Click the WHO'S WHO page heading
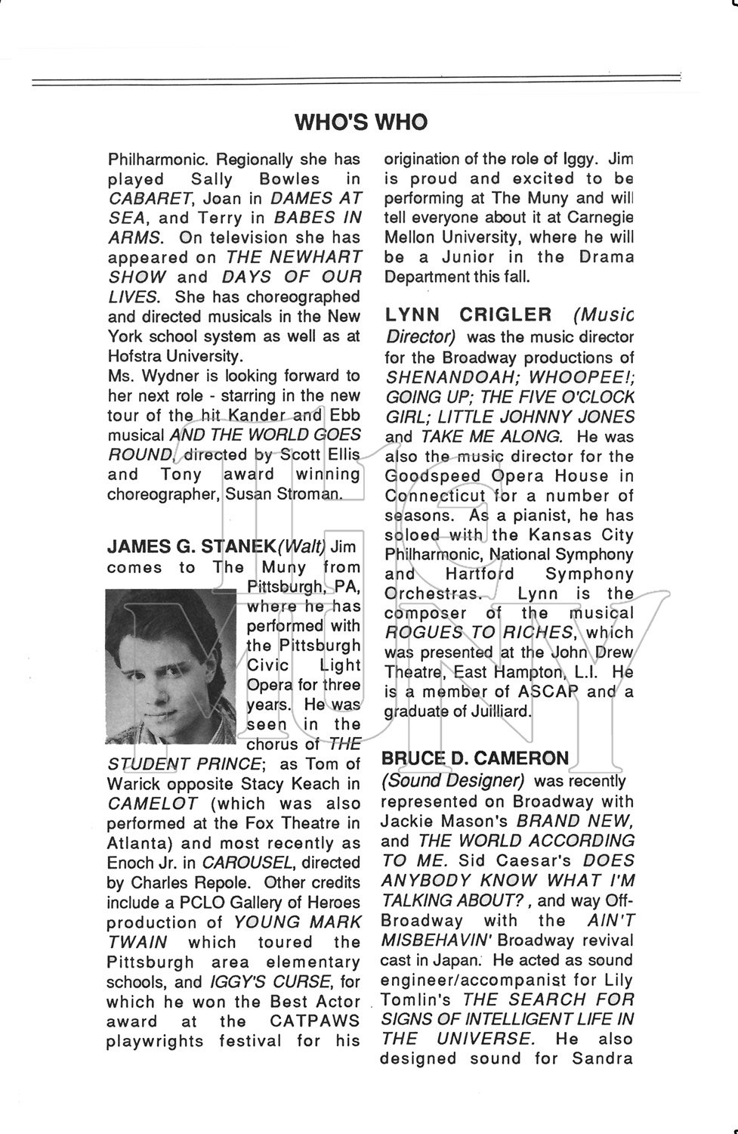point(360,122)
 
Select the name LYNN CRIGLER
point(468,315)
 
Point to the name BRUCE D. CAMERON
point(475,758)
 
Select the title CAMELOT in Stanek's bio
point(152,804)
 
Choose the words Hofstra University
point(175,355)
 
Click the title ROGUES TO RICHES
point(479,633)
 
